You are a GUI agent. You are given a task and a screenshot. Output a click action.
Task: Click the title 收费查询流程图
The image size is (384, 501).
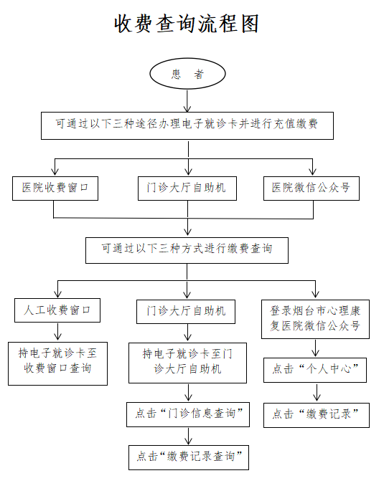[187, 24]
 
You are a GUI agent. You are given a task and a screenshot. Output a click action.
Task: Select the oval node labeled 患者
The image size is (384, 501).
[187, 74]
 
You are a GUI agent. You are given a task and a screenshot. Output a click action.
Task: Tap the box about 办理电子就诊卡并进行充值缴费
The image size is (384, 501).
[187, 125]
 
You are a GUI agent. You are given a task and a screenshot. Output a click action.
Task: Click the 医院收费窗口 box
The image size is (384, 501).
[55, 189]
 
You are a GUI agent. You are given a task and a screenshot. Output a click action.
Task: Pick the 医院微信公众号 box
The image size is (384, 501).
[312, 189]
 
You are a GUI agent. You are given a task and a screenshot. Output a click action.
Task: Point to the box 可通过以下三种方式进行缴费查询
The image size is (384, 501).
[187, 250]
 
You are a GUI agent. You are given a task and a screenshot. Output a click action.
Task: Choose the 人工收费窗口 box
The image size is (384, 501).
[57, 310]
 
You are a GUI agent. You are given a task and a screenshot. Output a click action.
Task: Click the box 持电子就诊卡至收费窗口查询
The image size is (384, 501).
[57, 363]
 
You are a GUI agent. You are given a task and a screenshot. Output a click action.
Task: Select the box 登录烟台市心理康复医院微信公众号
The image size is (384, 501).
[315, 319]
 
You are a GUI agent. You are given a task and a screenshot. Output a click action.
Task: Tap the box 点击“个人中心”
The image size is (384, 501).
[315, 370]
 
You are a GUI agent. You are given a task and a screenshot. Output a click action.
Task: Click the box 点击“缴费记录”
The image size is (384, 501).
[316, 415]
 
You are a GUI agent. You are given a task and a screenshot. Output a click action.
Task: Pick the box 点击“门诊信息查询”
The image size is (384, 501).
[188, 414]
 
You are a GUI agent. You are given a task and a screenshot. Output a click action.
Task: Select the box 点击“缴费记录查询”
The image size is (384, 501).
[189, 457]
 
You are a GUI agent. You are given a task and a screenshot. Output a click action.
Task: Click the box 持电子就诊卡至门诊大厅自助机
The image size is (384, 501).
[187, 363]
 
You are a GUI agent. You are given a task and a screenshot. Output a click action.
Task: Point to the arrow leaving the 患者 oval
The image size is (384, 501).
[187, 100]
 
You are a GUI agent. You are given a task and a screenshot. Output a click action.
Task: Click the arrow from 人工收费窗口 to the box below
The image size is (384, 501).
[57, 332]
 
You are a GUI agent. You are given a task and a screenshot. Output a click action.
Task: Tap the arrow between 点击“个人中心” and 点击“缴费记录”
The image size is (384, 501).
[317, 392]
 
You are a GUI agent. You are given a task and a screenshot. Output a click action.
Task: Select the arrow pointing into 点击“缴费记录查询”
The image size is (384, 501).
[189, 436]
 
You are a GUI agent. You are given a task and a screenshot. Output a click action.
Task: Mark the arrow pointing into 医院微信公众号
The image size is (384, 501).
[313, 167]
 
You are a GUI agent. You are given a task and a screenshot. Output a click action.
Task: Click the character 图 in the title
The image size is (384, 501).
[250, 24]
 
